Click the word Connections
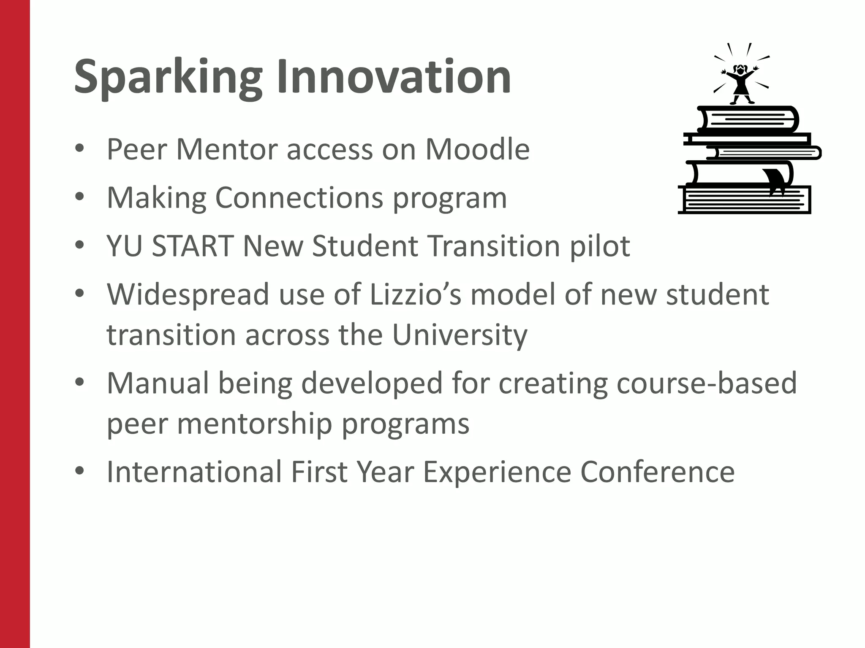click(x=299, y=197)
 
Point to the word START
click(x=193, y=246)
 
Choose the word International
click(x=194, y=472)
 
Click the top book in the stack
click(x=748, y=119)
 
